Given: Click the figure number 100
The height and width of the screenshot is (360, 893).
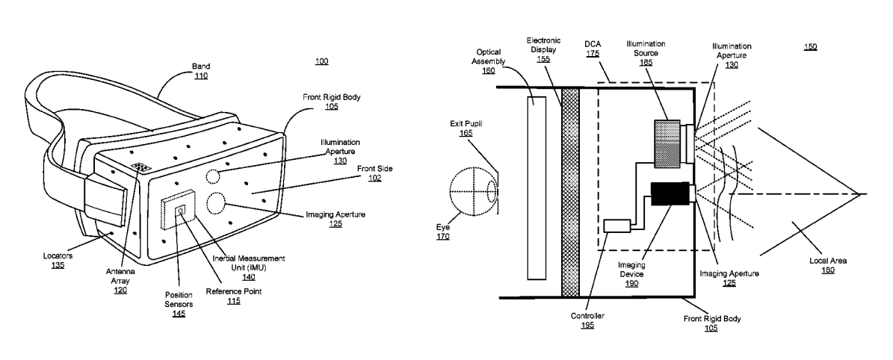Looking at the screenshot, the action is tap(322, 61).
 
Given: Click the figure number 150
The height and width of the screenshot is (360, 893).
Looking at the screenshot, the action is tap(810, 47).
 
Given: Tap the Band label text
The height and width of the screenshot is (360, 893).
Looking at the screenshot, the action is tap(200, 66).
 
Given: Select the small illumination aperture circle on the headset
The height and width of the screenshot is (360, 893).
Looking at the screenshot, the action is tap(212, 176).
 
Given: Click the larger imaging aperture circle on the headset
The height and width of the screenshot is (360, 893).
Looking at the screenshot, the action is tap(215, 203).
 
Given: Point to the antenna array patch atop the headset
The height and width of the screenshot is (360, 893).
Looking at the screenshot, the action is tap(141, 167).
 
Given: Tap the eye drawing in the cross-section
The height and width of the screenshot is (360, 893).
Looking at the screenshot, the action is tap(473, 192).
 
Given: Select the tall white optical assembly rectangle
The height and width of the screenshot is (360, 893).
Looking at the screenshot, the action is tap(537, 188).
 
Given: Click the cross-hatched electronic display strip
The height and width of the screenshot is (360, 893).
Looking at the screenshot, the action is tap(570, 192).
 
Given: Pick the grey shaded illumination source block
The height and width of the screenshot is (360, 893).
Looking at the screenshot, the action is tap(667, 143).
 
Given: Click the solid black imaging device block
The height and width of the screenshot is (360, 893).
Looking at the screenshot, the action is tap(670, 193).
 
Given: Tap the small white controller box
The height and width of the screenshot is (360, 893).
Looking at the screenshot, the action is tap(617, 226).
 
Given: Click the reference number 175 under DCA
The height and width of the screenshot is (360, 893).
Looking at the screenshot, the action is tap(593, 53).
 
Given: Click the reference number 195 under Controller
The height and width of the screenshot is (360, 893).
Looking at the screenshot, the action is tap(587, 325).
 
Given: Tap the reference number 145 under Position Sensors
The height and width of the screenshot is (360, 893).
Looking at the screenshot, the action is tap(179, 314).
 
